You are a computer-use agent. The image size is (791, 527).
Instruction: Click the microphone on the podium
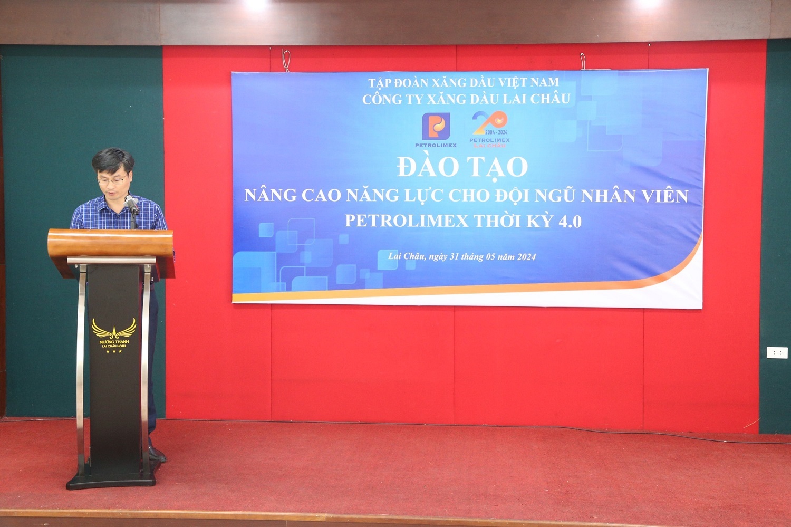click(x=132, y=205)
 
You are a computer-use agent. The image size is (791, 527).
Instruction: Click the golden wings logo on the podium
click(x=114, y=328)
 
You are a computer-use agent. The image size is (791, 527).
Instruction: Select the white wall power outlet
click(x=777, y=352)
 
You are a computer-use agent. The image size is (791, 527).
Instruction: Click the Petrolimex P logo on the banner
click(x=436, y=126)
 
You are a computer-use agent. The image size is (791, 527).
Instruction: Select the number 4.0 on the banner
click(x=570, y=222)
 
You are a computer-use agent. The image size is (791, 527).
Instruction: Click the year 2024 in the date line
click(x=526, y=257)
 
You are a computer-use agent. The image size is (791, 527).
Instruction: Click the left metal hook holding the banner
click(x=286, y=60)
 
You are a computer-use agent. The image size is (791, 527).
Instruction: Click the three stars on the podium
click(x=114, y=351)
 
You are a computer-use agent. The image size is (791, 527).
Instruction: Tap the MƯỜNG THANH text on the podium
click(x=114, y=341)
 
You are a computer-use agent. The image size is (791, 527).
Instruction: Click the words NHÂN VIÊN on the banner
click(x=634, y=196)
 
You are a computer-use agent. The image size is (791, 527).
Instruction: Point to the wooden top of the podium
click(x=111, y=243)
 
